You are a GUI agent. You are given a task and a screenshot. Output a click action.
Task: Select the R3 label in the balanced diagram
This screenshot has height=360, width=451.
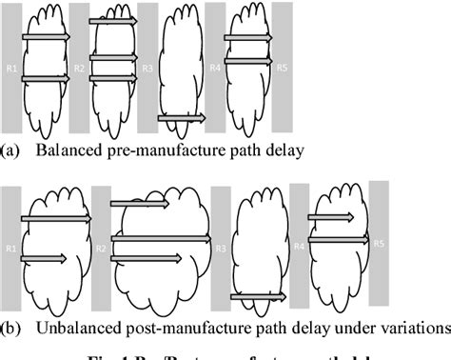[x=147, y=68]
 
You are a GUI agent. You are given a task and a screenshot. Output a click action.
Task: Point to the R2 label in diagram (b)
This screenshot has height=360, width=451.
[x=100, y=250]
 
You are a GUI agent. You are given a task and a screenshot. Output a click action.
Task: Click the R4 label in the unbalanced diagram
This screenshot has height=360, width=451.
[x=299, y=247]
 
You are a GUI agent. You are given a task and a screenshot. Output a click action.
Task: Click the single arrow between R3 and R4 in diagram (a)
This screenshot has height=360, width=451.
[x=181, y=118]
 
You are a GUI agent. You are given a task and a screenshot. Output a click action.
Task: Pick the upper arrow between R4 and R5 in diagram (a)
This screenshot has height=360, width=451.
[x=248, y=38]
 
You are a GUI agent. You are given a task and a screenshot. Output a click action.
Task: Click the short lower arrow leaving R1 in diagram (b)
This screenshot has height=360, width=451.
[x=43, y=257]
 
